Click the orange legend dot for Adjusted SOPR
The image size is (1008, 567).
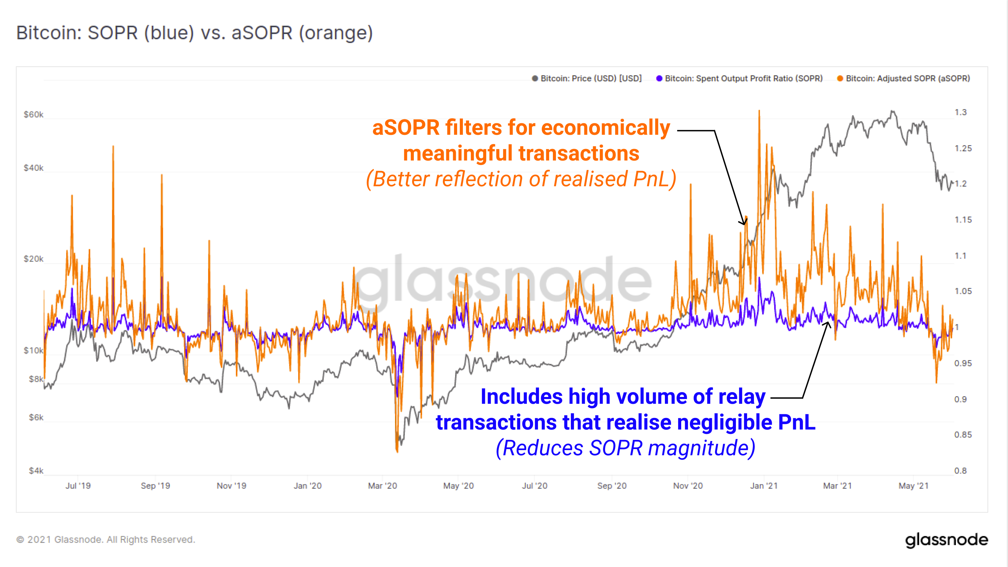[840, 79]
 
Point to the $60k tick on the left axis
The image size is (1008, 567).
[33, 115]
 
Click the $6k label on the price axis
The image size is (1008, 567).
[36, 417]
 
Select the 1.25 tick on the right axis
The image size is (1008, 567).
[963, 148]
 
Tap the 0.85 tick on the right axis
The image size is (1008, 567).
[963, 435]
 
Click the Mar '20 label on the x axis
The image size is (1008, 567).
[382, 486]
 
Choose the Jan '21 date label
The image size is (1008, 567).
[763, 486]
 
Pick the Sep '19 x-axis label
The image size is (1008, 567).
[155, 486]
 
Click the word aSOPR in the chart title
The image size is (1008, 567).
[262, 33]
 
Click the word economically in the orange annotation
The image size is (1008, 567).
[605, 128]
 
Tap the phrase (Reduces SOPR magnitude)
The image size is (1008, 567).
[625, 448]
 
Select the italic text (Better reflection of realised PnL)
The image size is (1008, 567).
[521, 179]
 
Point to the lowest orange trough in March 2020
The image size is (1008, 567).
[397, 451]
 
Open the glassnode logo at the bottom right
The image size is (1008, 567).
[946, 540]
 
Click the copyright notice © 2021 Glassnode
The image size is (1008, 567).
[106, 540]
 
